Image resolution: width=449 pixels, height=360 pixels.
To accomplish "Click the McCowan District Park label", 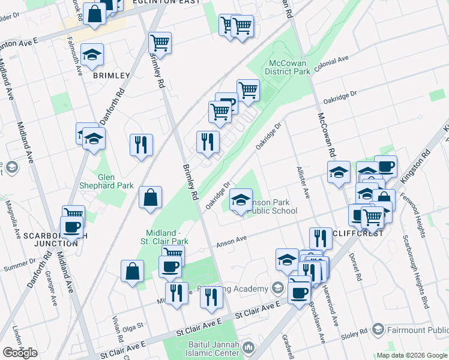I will pyautogui.click(x=289, y=67).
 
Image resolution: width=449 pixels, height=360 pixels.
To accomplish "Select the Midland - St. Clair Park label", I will pyautogui.click(x=167, y=236).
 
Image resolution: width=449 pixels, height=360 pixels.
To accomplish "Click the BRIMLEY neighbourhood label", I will pyautogui.click(x=111, y=76).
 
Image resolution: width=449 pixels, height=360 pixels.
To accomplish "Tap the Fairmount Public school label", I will pyautogui.click(x=414, y=329).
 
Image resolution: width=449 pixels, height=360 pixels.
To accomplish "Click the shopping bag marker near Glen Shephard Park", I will pyautogui.click(x=149, y=197).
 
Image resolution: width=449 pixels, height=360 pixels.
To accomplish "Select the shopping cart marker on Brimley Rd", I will pyautogui.click(x=160, y=43).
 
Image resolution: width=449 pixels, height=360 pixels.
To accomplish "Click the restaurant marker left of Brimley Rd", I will pyautogui.click(x=141, y=144).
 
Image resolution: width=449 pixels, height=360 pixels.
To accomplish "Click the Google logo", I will pyautogui.click(x=20, y=352).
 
